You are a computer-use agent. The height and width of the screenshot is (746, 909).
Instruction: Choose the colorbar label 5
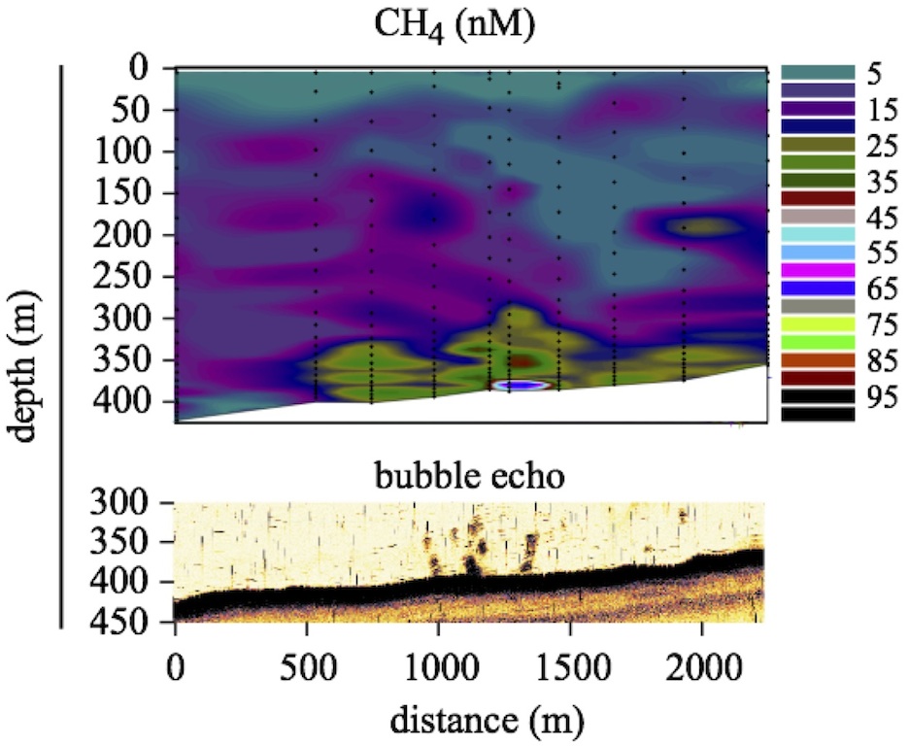coord(875,73)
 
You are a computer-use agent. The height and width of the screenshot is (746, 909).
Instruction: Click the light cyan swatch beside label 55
coord(818,235)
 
